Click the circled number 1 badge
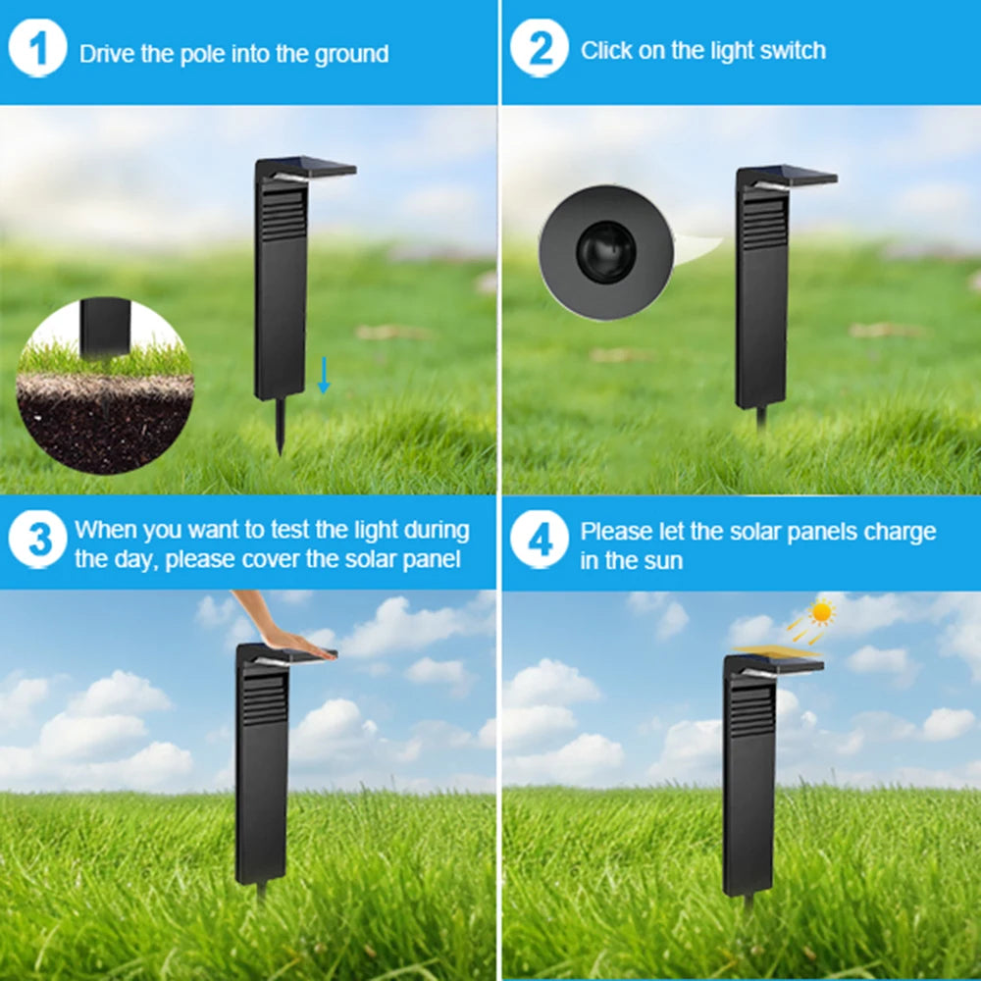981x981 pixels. (x=37, y=48)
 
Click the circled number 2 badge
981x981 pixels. (x=540, y=48)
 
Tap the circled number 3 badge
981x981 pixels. (x=37, y=540)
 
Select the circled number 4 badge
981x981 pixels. (x=540, y=540)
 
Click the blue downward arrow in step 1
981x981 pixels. (x=324, y=375)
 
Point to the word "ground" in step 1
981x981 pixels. (x=351, y=54)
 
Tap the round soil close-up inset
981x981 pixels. (x=105, y=386)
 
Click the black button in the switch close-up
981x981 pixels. (x=605, y=251)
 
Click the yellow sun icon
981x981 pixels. (x=821, y=612)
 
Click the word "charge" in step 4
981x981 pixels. (x=900, y=532)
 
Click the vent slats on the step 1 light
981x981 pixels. (x=284, y=215)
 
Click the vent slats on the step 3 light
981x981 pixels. (x=265, y=699)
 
